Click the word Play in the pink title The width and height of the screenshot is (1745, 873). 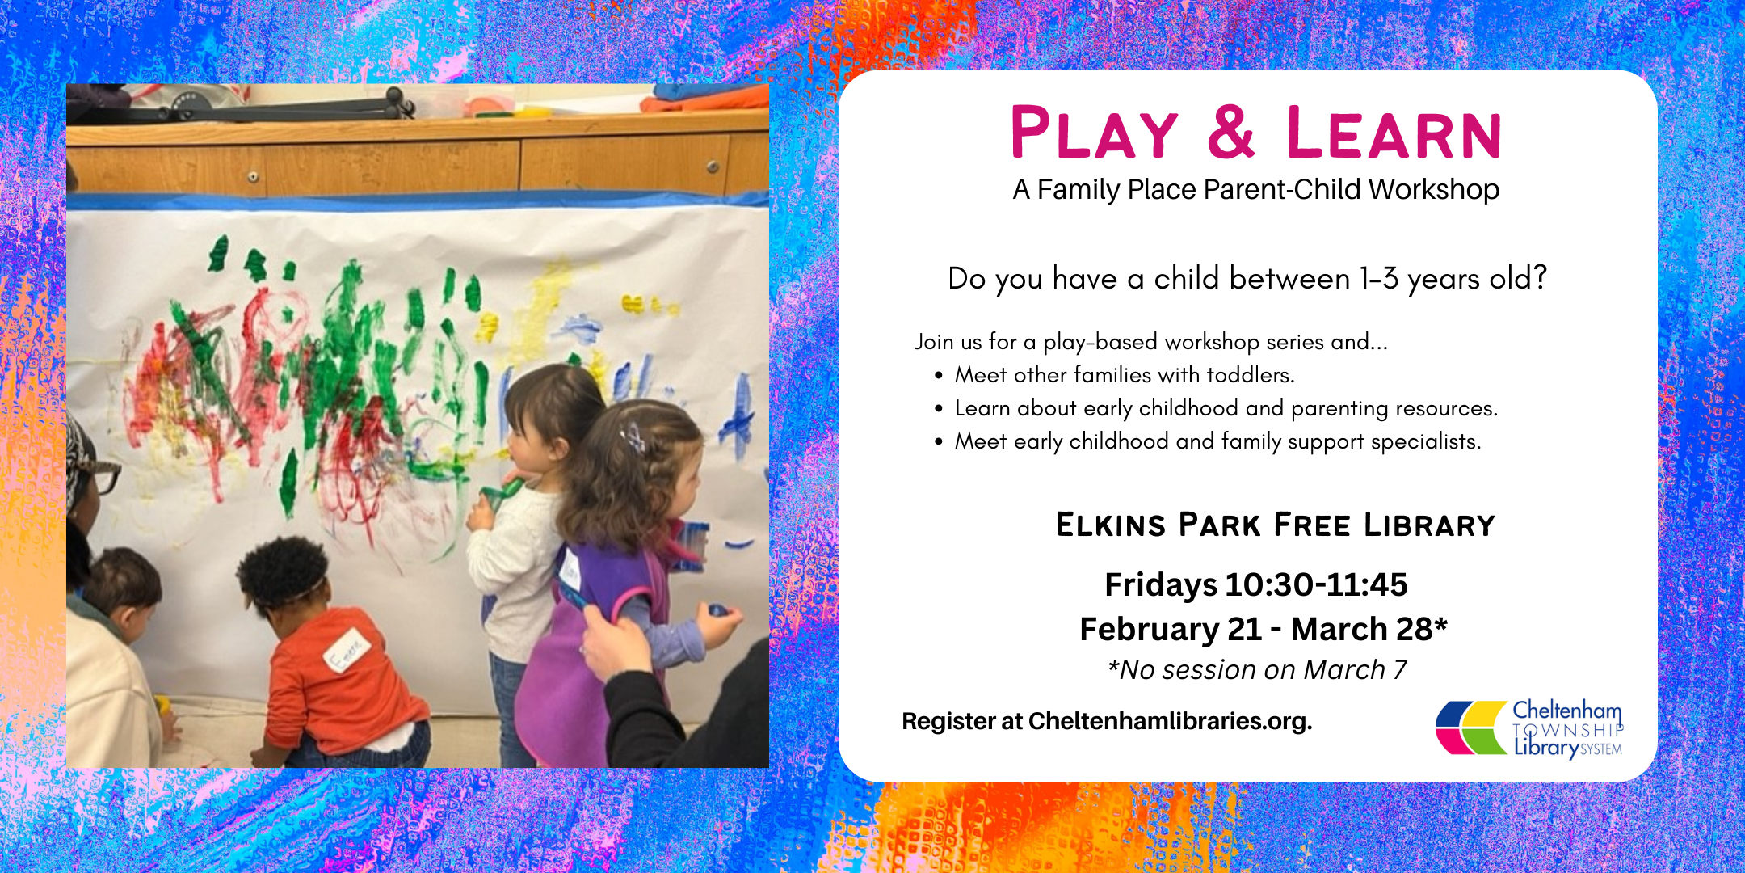click(x=1095, y=133)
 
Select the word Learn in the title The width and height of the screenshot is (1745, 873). click(x=1394, y=133)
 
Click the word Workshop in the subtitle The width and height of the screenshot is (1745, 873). click(x=1434, y=189)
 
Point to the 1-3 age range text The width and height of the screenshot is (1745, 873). click(x=1379, y=279)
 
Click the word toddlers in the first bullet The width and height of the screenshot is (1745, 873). click(x=1251, y=375)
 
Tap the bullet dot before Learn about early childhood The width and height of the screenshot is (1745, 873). click(x=938, y=409)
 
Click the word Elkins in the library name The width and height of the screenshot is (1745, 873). click(x=1111, y=525)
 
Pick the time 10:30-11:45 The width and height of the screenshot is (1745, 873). click(x=1317, y=584)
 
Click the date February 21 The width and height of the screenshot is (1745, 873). click(x=1171, y=629)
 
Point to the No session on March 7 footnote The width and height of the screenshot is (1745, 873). click(x=1257, y=670)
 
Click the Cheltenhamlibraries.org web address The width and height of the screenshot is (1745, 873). click(x=1170, y=721)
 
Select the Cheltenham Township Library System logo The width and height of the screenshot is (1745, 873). click(x=1529, y=728)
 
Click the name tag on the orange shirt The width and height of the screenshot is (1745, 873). click(x=347, y=652)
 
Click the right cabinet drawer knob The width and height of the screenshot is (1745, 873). click(x=713, y=167)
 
